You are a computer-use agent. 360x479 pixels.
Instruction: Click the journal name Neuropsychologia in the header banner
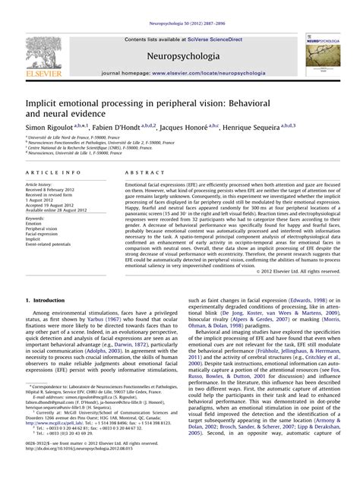[x=180, y=56]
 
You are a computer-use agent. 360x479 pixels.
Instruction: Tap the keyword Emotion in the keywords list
[x=33, y=224]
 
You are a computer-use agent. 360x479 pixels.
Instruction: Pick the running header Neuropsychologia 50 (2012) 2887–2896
[x=180, y=6]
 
